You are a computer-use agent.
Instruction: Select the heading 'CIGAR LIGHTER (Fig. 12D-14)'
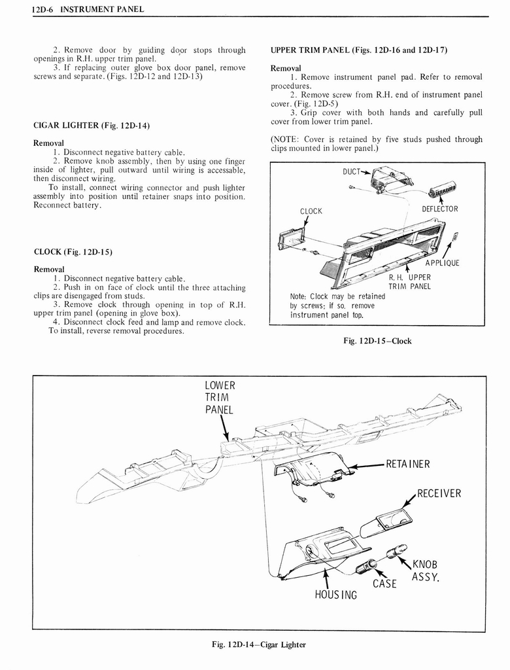pos(84,125)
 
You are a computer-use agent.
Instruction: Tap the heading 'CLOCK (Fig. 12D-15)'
pos(68,251)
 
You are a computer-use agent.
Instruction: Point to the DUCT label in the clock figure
pos(353,172)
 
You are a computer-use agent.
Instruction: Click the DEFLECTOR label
pos(439,209)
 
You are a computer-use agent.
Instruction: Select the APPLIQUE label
pos(442,263)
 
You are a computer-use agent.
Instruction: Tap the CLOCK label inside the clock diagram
pos(311,211)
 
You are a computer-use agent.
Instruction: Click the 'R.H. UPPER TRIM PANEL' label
pos(409,281)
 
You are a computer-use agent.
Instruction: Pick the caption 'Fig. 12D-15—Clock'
pos(377,341)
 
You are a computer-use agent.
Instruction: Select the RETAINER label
pos(409,465)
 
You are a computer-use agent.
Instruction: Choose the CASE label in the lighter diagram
pos(384,583)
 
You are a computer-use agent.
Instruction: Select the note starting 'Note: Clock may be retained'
pos(337,306)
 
